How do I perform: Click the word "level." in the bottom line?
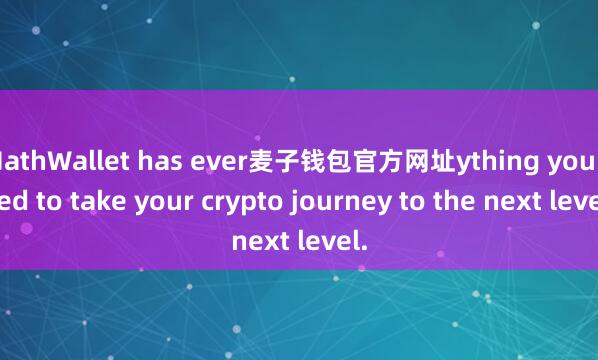[x=332, y=241]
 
